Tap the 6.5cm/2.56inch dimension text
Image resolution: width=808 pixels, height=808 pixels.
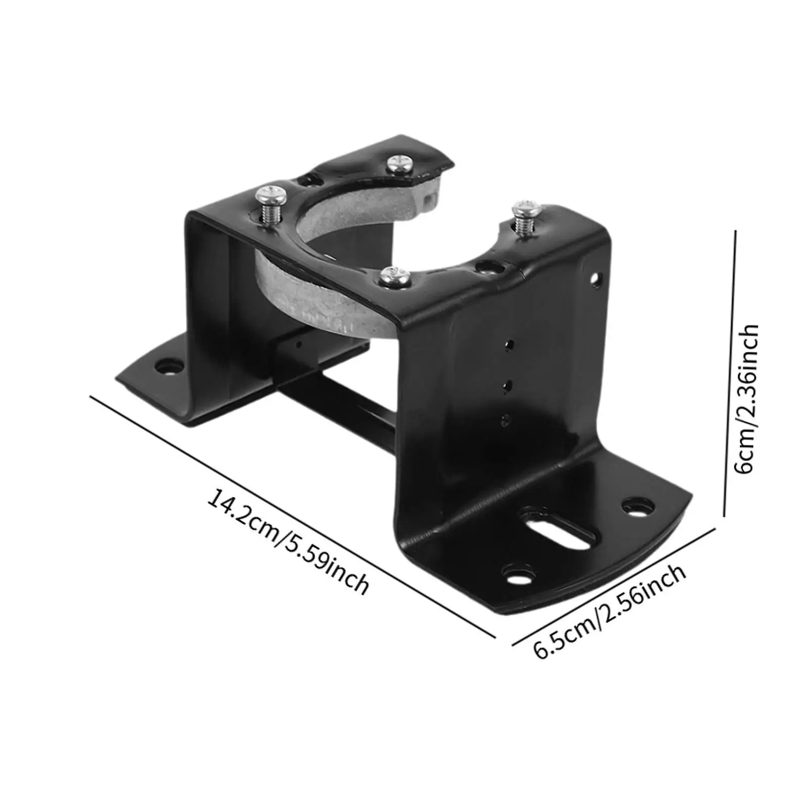tap(610, 610)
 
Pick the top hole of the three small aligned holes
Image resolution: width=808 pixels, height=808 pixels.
tap(510, 345)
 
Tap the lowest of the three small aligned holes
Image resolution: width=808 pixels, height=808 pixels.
tap(506, 419)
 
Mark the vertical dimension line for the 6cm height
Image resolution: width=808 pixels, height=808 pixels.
tap(730, 374)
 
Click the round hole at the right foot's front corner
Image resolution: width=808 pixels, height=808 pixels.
tap(515, 574)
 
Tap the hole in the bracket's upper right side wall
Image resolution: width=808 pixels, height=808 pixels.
tap(597, 278)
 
